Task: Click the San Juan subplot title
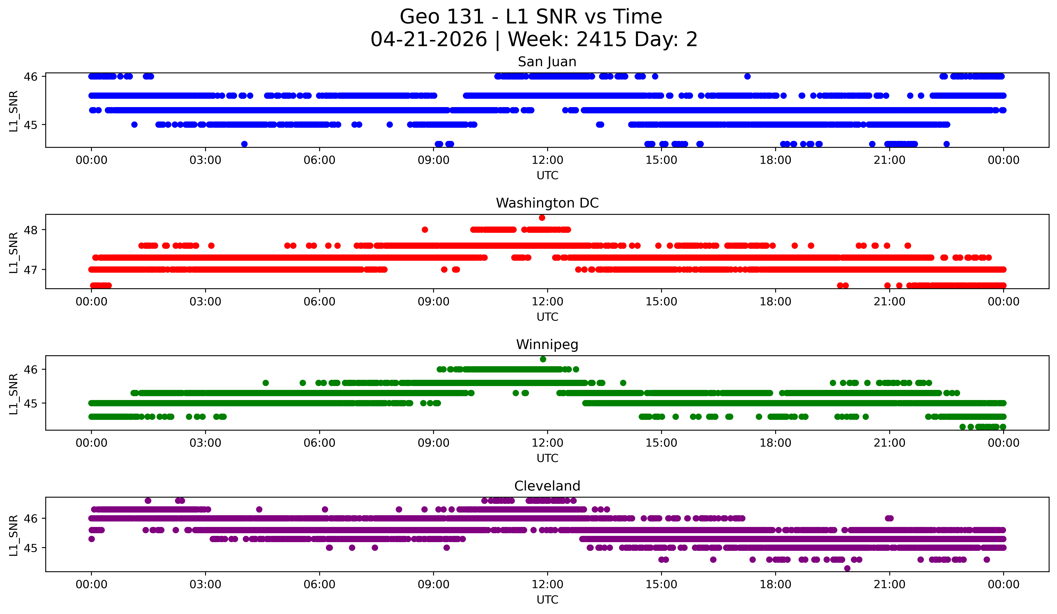point(547,62)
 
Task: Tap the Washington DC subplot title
point(547,203)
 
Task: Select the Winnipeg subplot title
point(547,345)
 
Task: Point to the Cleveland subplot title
point(547,486)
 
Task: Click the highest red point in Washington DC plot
point(542,217)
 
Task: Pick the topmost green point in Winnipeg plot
point(543,359)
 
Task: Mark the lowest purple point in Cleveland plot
point(847,568)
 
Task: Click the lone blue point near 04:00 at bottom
point(244,144)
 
